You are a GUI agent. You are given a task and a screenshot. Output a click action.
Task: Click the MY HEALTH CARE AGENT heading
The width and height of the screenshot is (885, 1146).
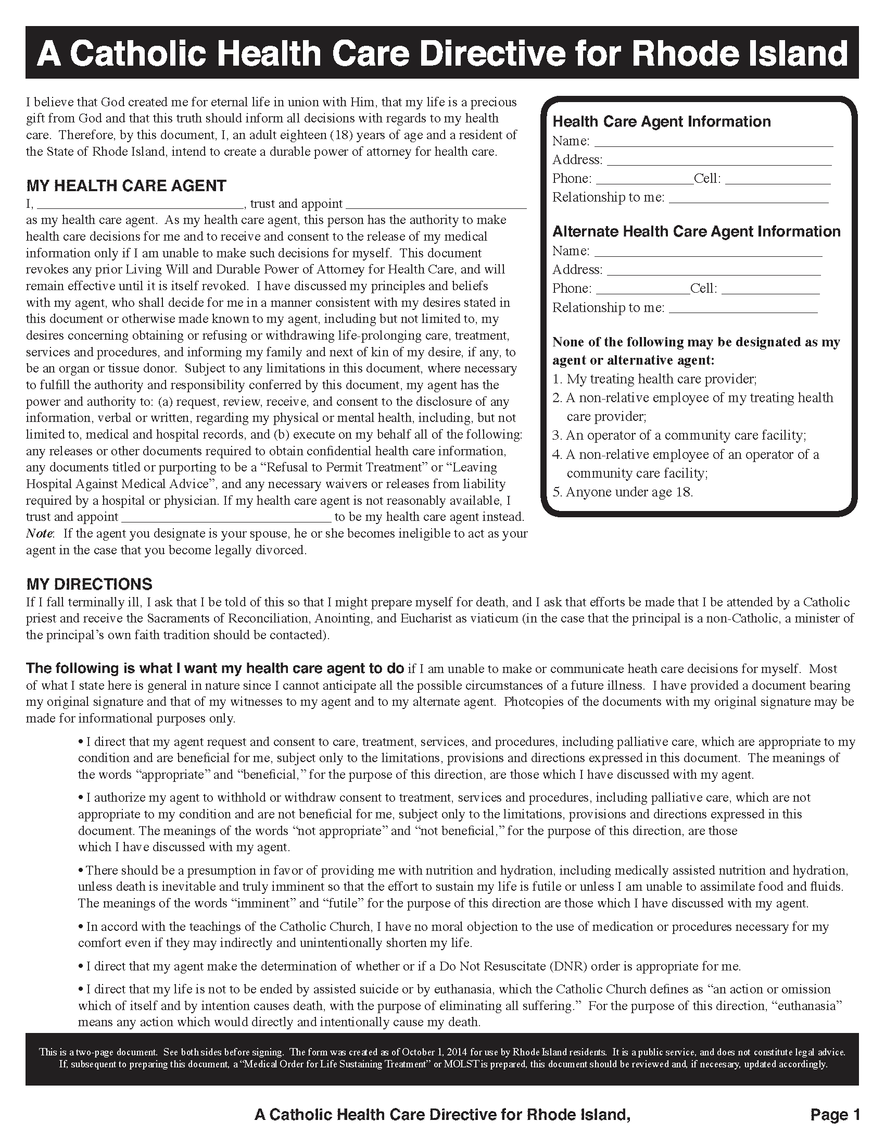(x=126, y=186)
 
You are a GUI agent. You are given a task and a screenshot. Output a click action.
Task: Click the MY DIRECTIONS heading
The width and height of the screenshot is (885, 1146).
(x=89, y=584)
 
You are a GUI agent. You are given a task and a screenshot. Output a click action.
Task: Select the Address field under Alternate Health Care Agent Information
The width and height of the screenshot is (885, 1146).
(x=713, y=270)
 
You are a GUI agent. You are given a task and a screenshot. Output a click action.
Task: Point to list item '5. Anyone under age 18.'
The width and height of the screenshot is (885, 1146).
(x=623, y=492)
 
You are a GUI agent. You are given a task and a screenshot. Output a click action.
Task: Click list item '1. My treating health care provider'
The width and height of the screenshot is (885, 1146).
(x=654, y=379)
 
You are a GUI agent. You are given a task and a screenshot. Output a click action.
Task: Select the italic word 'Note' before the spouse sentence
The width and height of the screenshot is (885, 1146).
(x=40, y=533)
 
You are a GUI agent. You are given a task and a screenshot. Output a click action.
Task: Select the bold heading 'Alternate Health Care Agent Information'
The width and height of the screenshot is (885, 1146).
(x=696, y=231)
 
